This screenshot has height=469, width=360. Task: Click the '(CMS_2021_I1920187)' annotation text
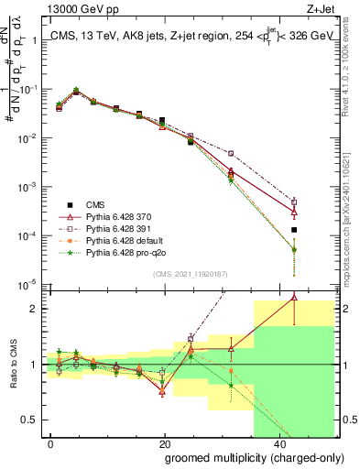click(x=190, y=273)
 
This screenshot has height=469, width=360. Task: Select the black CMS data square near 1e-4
click(x=294, y=230)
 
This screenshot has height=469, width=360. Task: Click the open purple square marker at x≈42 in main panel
click(x=294, y=202)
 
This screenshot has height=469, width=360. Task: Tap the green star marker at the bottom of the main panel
click(x=294, y=249)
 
